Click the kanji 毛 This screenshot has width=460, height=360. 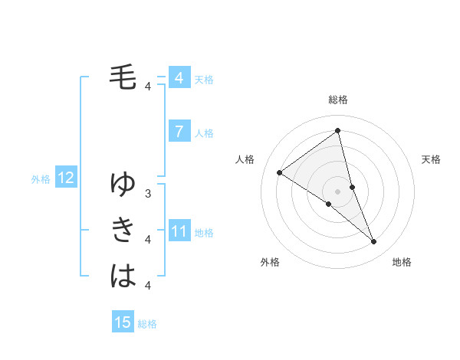pos(123,77)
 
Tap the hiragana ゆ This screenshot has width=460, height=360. pos(123,185)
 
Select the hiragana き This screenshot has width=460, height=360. pos(123,230)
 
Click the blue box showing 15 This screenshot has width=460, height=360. pos(123,322)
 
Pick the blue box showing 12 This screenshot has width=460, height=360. pos(66,178)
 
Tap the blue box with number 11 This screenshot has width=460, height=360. pos(179,231)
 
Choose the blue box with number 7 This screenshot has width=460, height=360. pos(179,132)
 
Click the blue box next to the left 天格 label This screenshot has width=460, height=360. pos(179,78)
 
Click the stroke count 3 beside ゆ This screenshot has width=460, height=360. pos(148,194)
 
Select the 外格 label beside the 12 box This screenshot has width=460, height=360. pos(41,179)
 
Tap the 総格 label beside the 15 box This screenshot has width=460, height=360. pos(147,324)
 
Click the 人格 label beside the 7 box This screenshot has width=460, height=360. pos(204,133)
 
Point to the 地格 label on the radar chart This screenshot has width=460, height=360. pos(402,262)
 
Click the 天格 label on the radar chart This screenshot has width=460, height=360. pos(431,159)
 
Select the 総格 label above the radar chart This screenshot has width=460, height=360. pos(338,100)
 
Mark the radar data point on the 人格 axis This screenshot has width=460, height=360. pos(280,172)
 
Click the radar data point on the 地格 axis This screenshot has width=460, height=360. pos(374,242)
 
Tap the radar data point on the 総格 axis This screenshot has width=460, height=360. pos(338,131)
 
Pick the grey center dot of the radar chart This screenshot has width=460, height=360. pos(338,191)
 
